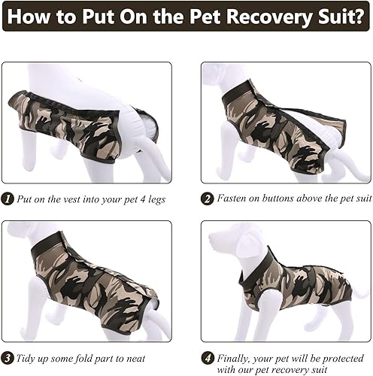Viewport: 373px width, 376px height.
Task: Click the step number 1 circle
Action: pyautogui.click(x=7, y=199)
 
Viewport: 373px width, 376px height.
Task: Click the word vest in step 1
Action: pyautogui.click(x=68, y=199)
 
